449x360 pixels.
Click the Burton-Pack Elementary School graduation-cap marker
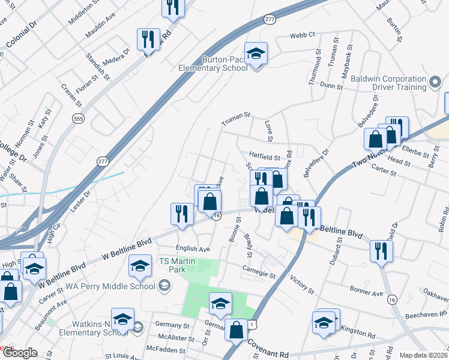tap(256, 54)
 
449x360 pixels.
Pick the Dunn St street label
tap(331, 86)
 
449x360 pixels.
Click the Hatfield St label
tap(265, 157)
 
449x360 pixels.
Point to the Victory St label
tap(302, 286)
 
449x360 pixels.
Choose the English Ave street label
tap(193, 248)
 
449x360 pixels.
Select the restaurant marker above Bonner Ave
tap(381, 250)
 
